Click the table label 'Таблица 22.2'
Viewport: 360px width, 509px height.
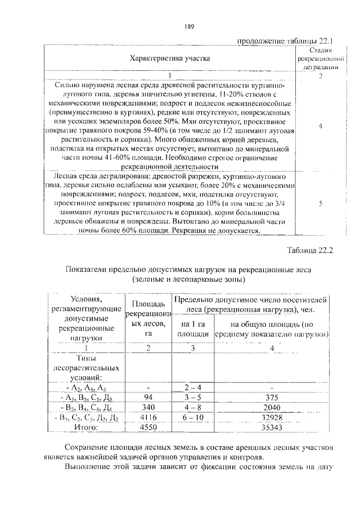(x=310, y=251)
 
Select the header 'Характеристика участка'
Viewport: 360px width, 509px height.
(x=170, y=58)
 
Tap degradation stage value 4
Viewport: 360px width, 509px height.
(x=320, y=127)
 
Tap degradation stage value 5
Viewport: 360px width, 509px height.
(x=320, y=205)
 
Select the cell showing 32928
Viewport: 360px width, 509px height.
(x=272, y=418)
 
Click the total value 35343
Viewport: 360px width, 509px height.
(x=272, y=428)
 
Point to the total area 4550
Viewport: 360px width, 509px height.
(x=147, y=428)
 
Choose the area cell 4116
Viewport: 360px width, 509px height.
(x=147, y=418)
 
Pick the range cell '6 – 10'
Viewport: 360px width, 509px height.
(x=193, y=418)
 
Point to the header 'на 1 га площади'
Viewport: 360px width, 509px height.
(x=193, y=330)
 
